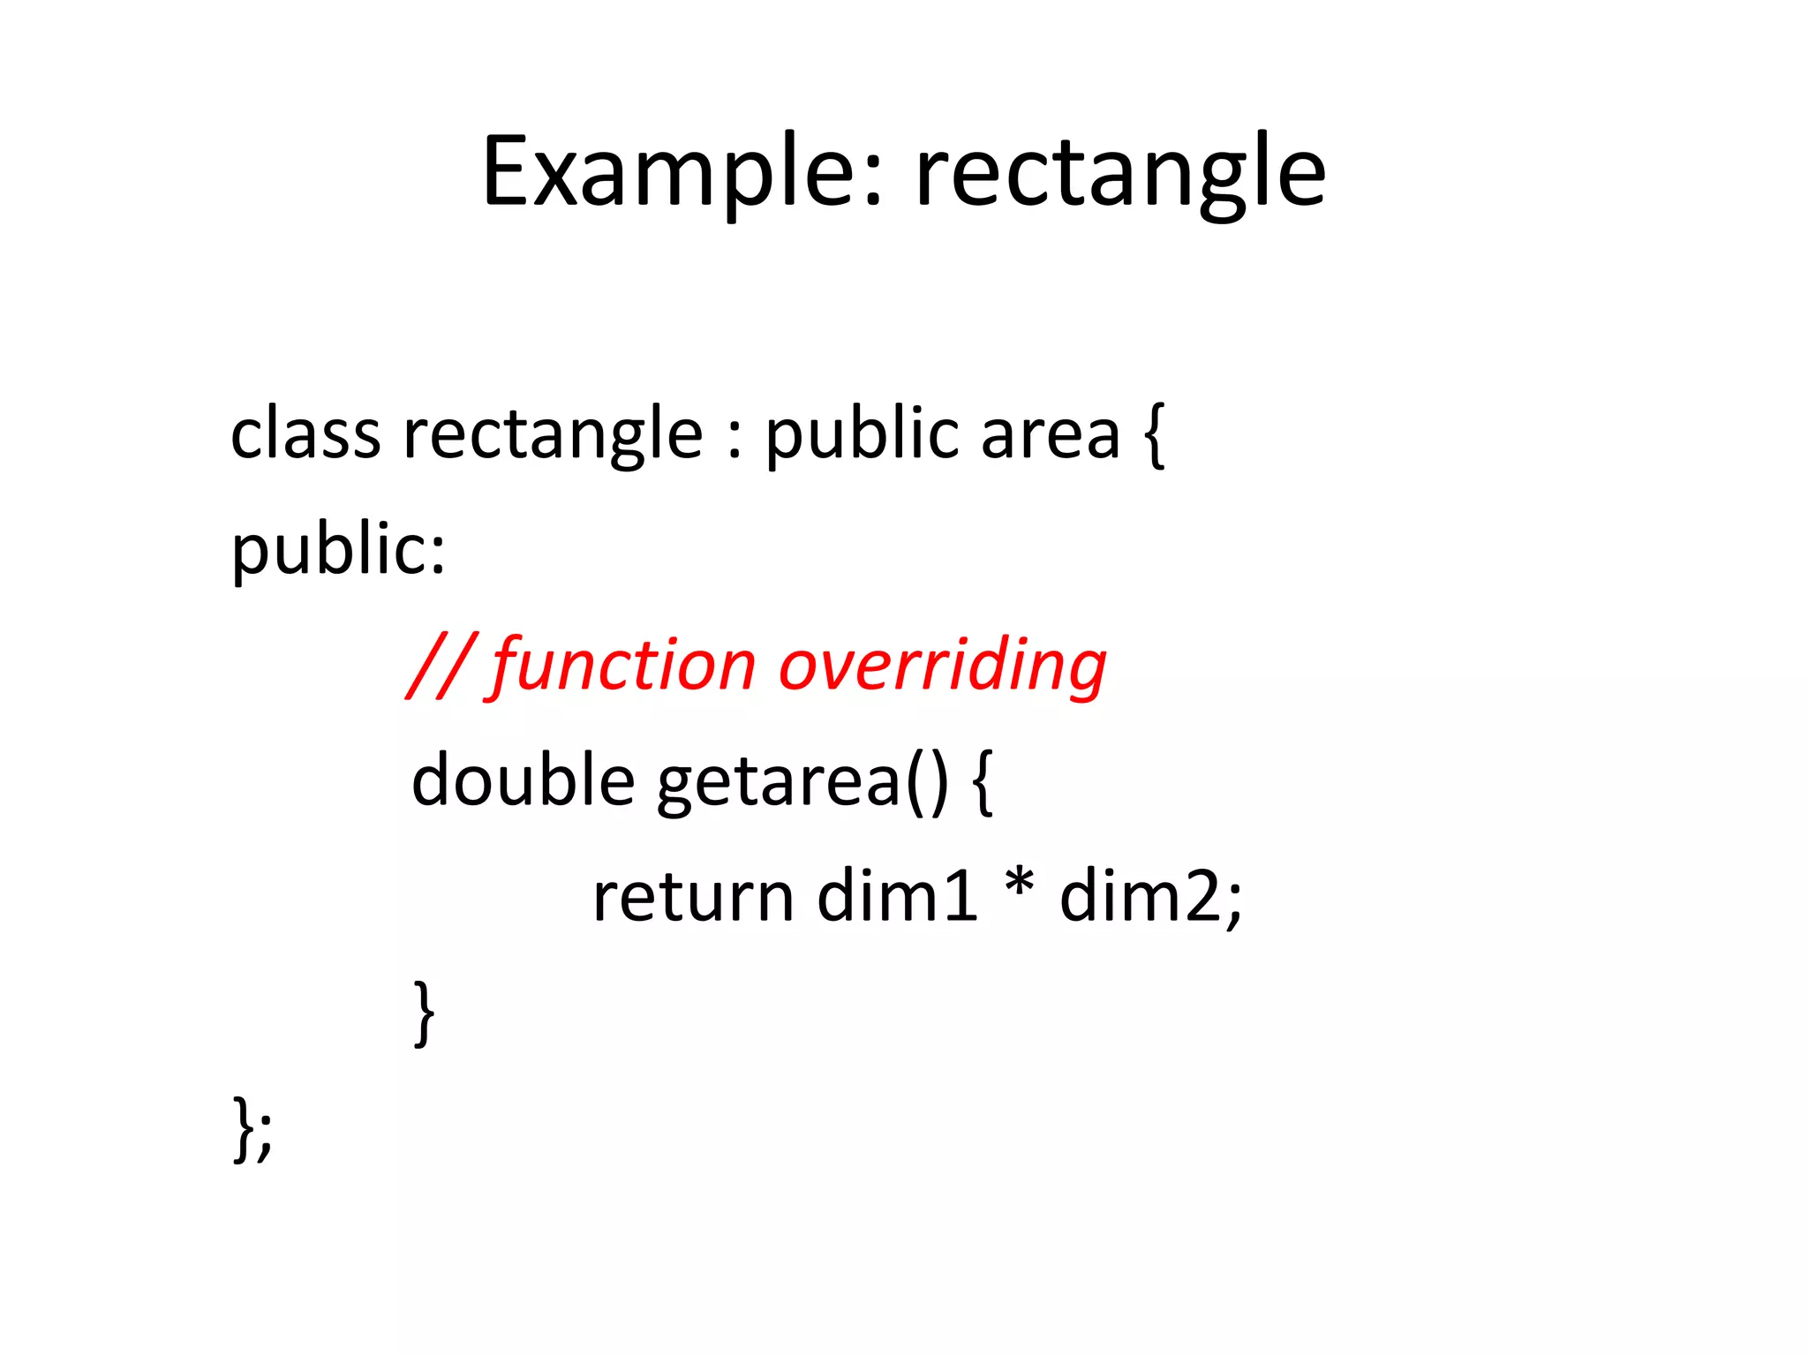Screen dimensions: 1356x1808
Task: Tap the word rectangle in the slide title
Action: (x=1119, y=172)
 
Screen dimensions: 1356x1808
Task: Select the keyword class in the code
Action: (x=305, y=434)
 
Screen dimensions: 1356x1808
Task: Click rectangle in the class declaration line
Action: (x=553, y=434)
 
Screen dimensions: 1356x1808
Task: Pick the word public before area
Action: (x=862, y=434)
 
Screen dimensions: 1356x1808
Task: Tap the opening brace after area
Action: (x=1154, y=434)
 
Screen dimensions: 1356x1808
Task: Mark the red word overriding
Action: (x=942, y=666)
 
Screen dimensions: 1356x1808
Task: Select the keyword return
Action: (x=693, y=897)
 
